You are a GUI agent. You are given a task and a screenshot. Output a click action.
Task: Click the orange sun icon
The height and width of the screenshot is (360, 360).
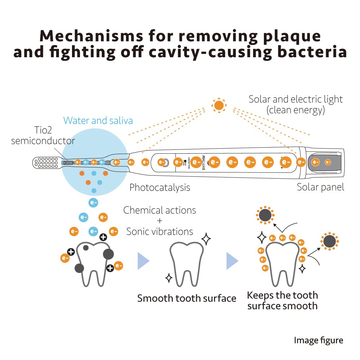219,105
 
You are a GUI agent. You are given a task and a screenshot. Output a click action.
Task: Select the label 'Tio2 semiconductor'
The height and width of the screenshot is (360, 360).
43,135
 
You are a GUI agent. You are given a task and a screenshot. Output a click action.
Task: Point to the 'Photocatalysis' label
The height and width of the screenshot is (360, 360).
160,187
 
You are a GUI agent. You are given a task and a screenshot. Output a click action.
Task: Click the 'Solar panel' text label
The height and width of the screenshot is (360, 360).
320,187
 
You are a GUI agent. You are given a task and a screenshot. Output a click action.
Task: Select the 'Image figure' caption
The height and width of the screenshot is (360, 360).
318,340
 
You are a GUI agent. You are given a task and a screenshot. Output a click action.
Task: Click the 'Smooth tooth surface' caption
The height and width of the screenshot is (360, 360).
187,298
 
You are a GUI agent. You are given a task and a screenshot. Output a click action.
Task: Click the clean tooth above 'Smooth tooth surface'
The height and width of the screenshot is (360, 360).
186,263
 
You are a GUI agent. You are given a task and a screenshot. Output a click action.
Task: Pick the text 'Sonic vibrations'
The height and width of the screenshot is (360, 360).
159,231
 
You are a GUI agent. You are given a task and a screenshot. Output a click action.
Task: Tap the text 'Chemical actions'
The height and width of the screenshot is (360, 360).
159,210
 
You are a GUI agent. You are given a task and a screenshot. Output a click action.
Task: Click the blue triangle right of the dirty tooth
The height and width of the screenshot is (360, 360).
143,261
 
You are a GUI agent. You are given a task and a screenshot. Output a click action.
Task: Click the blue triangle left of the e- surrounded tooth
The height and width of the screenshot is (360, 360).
232,261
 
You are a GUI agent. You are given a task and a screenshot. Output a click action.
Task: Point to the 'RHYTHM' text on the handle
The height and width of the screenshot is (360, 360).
203,162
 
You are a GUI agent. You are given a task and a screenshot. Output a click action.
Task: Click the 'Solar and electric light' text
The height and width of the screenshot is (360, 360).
296,99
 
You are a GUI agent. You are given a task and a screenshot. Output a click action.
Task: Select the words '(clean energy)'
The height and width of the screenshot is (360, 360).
296,110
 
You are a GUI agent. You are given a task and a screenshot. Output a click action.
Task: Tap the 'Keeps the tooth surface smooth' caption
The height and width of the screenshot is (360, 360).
282,301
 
